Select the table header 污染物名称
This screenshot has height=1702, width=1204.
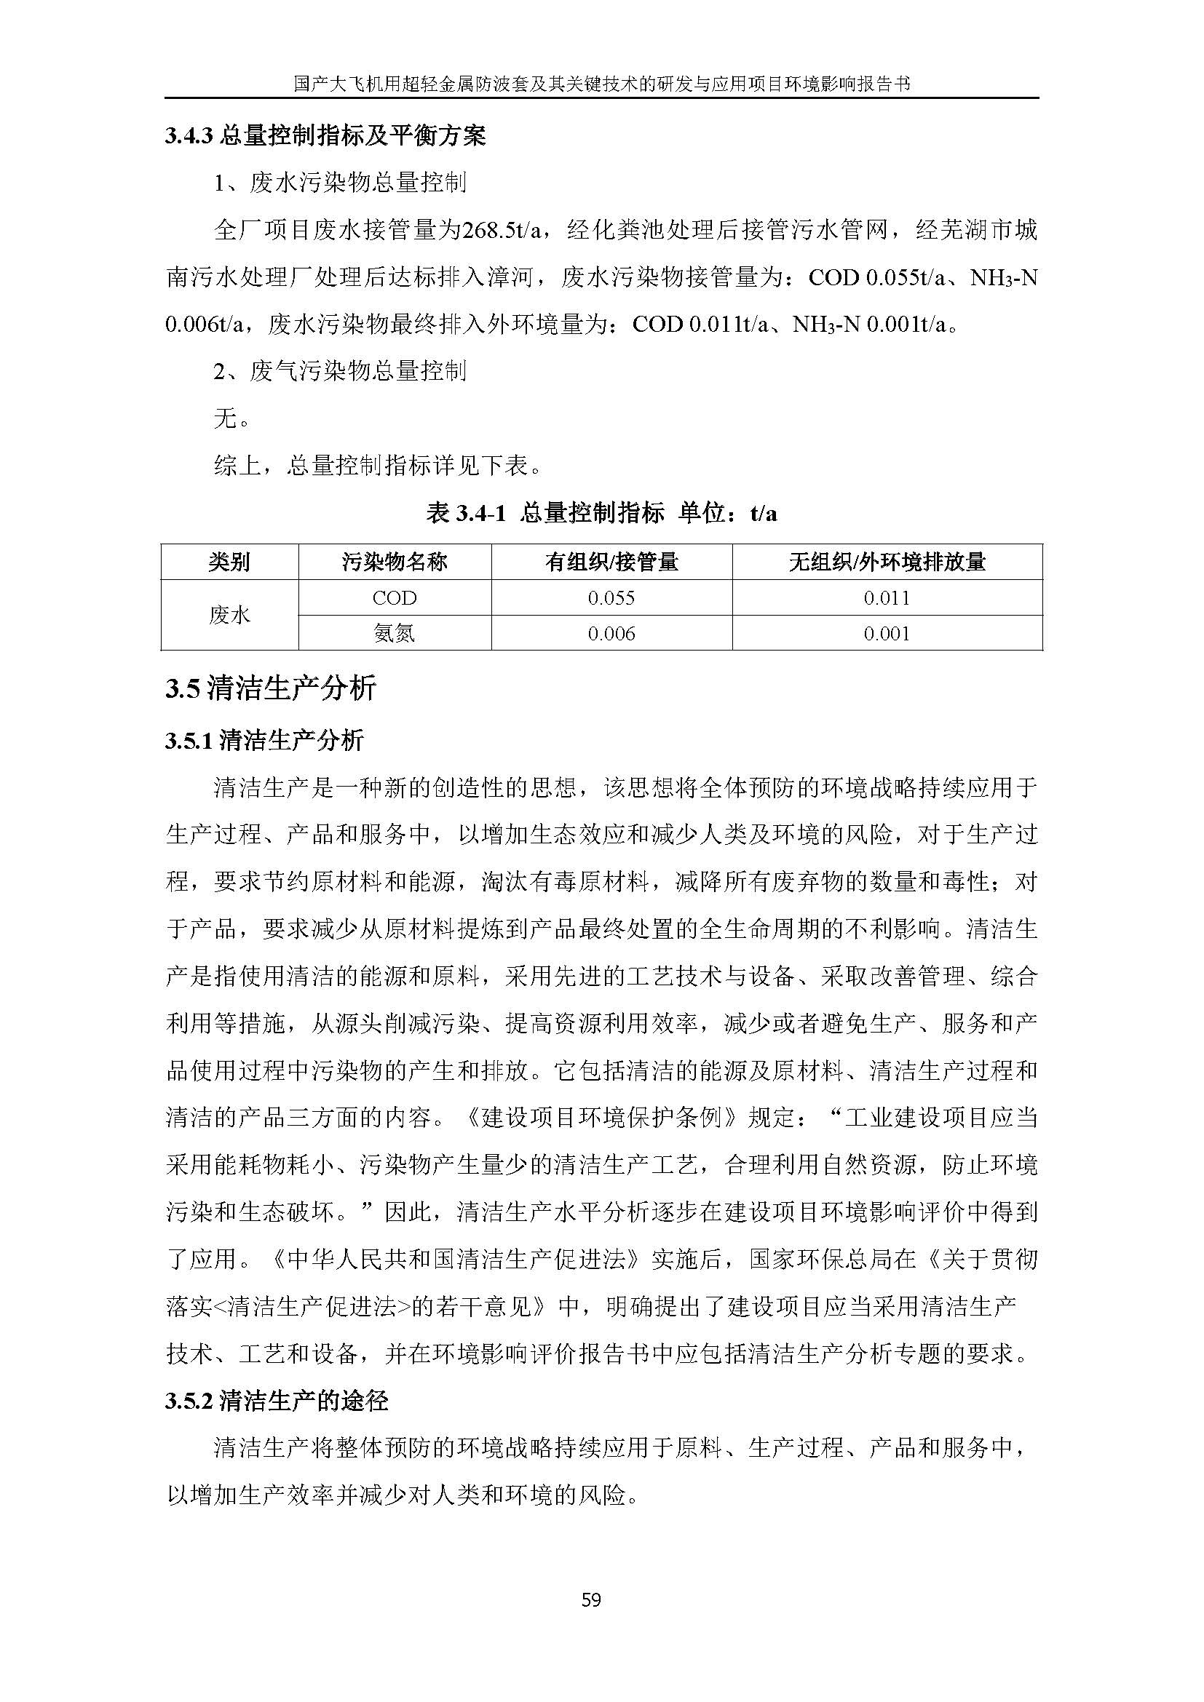click(395, 562)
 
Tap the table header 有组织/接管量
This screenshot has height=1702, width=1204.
click(611, 562)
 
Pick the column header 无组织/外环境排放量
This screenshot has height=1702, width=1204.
click(887, 562)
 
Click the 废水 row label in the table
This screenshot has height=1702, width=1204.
click(230, 616)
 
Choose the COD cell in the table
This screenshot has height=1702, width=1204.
click(395, 597)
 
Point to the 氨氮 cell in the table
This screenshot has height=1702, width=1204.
click(395, 633)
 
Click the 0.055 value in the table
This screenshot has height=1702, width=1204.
click(611, 597)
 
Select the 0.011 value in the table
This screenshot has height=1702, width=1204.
click(887, 597)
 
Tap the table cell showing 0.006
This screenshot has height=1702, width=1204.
click(611, 633)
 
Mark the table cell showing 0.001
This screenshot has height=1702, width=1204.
click(887, 633)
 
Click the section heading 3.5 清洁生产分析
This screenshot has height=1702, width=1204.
click(271, 688)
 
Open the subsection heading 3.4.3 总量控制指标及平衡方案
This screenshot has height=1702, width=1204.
click(325, 136)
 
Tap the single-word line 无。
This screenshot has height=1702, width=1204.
click(231, 419)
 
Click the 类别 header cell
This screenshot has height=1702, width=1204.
click(230, 562)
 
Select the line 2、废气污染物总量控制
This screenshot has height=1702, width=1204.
click(340, 370)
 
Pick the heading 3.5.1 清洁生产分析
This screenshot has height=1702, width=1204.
click(265, 740)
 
